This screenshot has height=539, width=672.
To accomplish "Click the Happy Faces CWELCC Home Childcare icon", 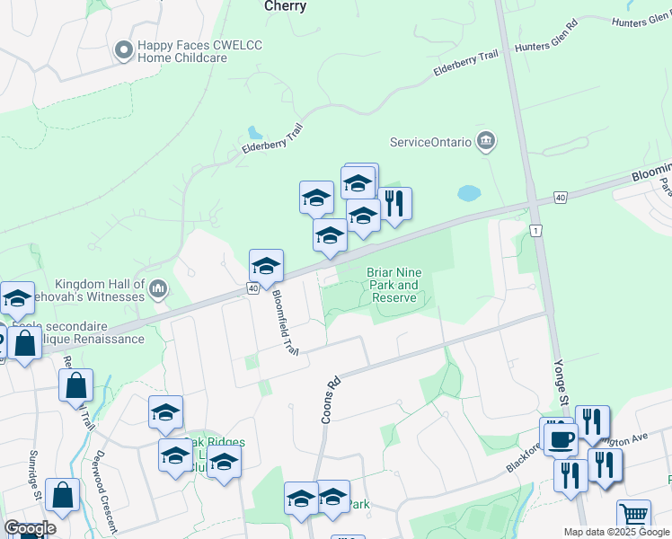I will click(124, 51).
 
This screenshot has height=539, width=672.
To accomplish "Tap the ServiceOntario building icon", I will click(486, 141).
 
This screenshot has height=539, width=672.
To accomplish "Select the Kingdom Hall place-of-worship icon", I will click(158, 287).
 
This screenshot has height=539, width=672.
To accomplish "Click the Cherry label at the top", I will click(286, 6).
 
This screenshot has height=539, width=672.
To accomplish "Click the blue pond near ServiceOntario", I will click(468, 193).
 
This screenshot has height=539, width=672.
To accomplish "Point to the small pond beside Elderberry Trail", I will click(254, 132).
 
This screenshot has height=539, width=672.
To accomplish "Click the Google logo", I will click(30, 528).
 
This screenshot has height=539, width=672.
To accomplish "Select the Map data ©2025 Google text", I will click(616, 532).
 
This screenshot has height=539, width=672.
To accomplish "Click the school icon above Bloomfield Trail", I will click(266, 266).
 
